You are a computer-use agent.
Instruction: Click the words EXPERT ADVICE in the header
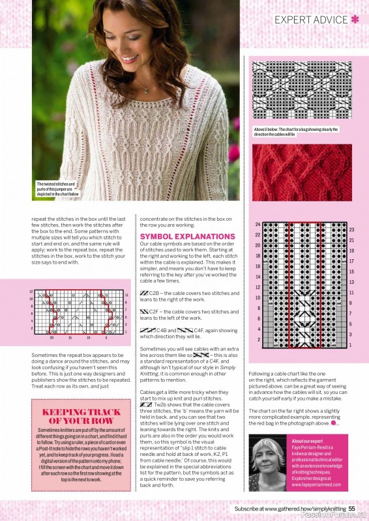(311, 20)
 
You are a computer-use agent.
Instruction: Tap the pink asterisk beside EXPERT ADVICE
(355, 20)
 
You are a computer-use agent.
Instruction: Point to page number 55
(351, 509)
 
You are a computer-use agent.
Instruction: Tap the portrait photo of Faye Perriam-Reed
(268, 462)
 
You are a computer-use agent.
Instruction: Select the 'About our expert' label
(308, 441)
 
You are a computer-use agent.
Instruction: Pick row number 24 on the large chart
(258, 224)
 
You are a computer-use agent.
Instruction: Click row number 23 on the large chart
(351, 230)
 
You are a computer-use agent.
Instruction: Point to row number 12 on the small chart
(31, 291)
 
